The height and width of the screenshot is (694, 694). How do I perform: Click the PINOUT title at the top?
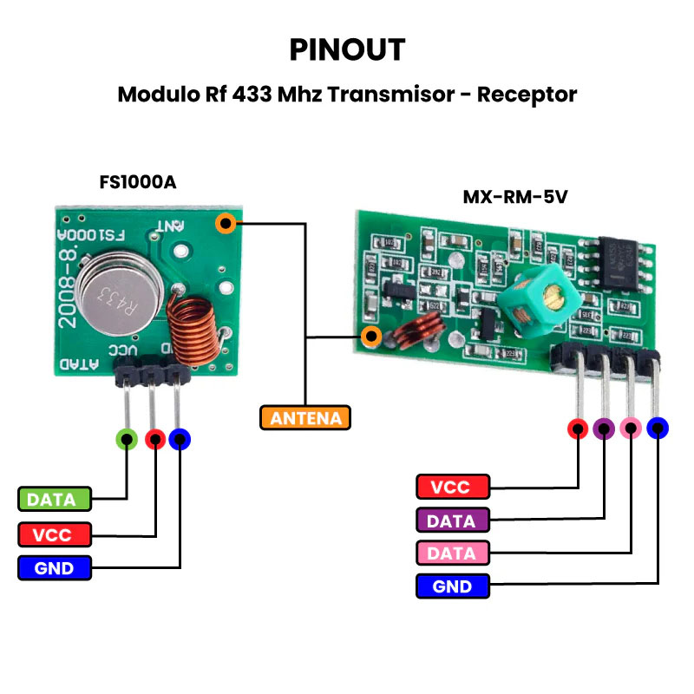(347, 49)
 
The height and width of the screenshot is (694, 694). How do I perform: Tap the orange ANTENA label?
(305, 418)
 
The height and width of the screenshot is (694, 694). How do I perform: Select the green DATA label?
(55, 499)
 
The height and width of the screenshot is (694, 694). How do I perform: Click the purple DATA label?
(452, 520)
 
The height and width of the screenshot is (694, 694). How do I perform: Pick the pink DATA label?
(452, 553)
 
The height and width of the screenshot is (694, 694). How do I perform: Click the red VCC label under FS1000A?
(55, 534)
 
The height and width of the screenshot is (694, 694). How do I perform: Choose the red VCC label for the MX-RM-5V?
(452, 488)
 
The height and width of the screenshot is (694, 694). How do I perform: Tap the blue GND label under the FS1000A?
(55, 569)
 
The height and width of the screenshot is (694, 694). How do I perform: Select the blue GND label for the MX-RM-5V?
(452, 586)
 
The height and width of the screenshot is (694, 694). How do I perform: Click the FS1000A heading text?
(139, 183)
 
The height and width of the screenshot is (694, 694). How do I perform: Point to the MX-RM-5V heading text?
(514, 197)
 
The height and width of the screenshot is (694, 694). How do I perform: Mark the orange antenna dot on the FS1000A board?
(226, 224)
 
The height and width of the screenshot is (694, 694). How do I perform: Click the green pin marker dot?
(127, 439)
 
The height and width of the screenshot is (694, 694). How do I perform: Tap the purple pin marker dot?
(604, 428)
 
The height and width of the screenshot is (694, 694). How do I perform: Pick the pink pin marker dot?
(631, 428)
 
